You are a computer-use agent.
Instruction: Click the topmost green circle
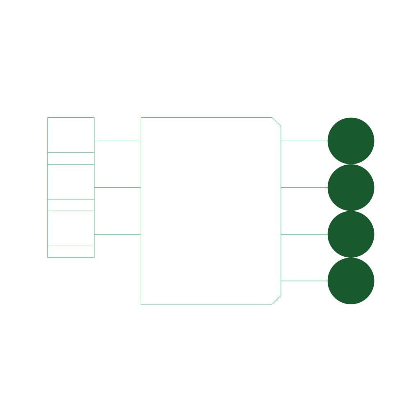[351, 141]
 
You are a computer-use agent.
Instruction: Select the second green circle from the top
[351, 187]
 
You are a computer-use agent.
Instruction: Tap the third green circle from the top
[351, 234]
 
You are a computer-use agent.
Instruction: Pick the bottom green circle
[351, 281]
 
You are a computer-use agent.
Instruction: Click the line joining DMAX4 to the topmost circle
[304, 141]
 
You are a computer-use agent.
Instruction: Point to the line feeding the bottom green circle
[304, 281]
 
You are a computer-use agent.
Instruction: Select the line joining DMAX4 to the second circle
[304, 187]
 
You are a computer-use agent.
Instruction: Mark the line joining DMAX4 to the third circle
[304, 234]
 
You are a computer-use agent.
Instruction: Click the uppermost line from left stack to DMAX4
[118, 141]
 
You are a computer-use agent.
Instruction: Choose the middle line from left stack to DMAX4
[118, 187]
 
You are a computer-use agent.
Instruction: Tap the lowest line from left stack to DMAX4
[118, 234]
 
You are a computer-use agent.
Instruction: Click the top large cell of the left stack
[71, 135]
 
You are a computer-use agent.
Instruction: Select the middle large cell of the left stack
[71, 182]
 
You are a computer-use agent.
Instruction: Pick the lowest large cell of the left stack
[71, 228]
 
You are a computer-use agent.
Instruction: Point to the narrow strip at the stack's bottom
[71, 252]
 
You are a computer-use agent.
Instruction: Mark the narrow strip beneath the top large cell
[71, 158]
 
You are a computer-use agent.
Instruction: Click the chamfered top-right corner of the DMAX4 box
[276, 122]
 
